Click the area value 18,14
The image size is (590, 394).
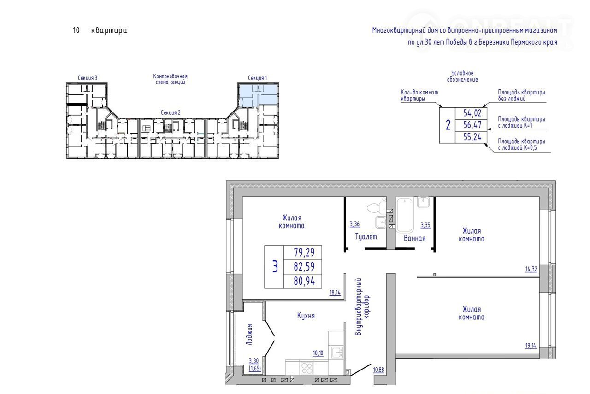click(x=335, y=292)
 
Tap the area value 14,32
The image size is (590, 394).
click(x=531, y=269)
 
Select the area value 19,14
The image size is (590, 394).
click(x=531, y=346)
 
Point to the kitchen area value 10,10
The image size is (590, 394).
click(x=318, y=353)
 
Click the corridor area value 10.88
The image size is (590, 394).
click(x=378, y=370)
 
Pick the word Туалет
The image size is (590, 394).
click(x=366, y=236)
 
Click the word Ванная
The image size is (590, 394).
click(x=414, y=238)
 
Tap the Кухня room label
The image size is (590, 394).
click(x=306, y=316)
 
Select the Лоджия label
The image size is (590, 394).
click(x=249, y=335)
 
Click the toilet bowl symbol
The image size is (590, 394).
click(x=376, y=208)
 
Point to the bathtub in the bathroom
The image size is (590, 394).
click(x=404, y=215)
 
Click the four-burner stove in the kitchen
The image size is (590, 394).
click(x=307, y=368)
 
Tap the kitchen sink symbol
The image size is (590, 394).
click(x=337, y=353)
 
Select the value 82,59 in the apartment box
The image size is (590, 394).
click(x=304, y=266)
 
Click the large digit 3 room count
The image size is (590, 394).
click(x=275, y=266)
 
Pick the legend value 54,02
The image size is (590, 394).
click(x=472, y=113)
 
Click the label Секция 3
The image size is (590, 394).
click(x=88, y=78)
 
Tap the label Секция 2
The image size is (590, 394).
click(x=171, y=113)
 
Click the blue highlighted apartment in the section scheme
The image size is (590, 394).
click(x=258, y=95)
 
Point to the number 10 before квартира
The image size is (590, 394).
click(x=76, y=30)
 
